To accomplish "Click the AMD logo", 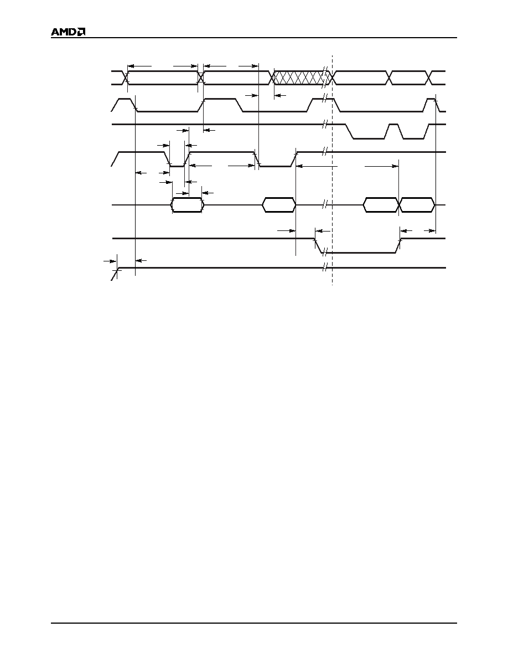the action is pyautogui.click(x=68, y=32).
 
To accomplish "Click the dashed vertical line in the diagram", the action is pyautogui.click(x=333, y=170).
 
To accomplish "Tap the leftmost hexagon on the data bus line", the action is pyautogui.click(x=188, y=205).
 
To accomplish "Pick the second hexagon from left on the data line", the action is pyautogui.click(x=279, y=205).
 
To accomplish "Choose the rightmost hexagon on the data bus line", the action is pyautogui.click(x=417, y=205).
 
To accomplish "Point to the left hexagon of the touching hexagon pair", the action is pyautogui.click(x=381, y=205).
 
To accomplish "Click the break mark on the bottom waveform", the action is pyautogui.click(x=324, y=268).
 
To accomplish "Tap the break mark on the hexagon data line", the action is pyautogui.click(x=324, y=205).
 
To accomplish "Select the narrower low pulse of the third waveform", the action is pyautogui.click(x=413, y=131).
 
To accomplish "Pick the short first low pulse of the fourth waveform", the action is pyautogui.click(x=177, y=159).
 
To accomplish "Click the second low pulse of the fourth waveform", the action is pyautogui.click(x=275, y=159).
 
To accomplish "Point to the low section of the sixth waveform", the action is pyautogui.click(x=358, y=246).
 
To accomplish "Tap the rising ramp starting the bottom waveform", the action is pyautogui.click(x=115, y=274).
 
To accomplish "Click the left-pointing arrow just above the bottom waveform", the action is pyautogui.click(x=142, y=261).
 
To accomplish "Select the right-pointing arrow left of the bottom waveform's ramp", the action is pyautogui.click(x=110, y=261).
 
